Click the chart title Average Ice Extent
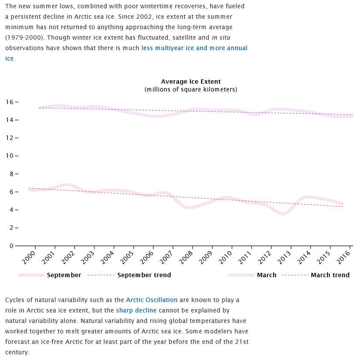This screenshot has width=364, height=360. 191,82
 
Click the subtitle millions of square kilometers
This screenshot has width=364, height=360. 191,89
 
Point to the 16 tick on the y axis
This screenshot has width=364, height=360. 10,102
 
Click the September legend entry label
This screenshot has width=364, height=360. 64,275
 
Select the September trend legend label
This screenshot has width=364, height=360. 144,275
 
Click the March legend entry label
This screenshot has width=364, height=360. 266,275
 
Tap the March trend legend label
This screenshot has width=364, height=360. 330,275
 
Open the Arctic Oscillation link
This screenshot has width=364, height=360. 152,300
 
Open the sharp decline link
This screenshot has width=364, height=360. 136,310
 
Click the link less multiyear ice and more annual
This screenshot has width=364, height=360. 194,48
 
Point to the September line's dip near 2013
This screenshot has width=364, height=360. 283,214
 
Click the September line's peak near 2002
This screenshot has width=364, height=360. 67,185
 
